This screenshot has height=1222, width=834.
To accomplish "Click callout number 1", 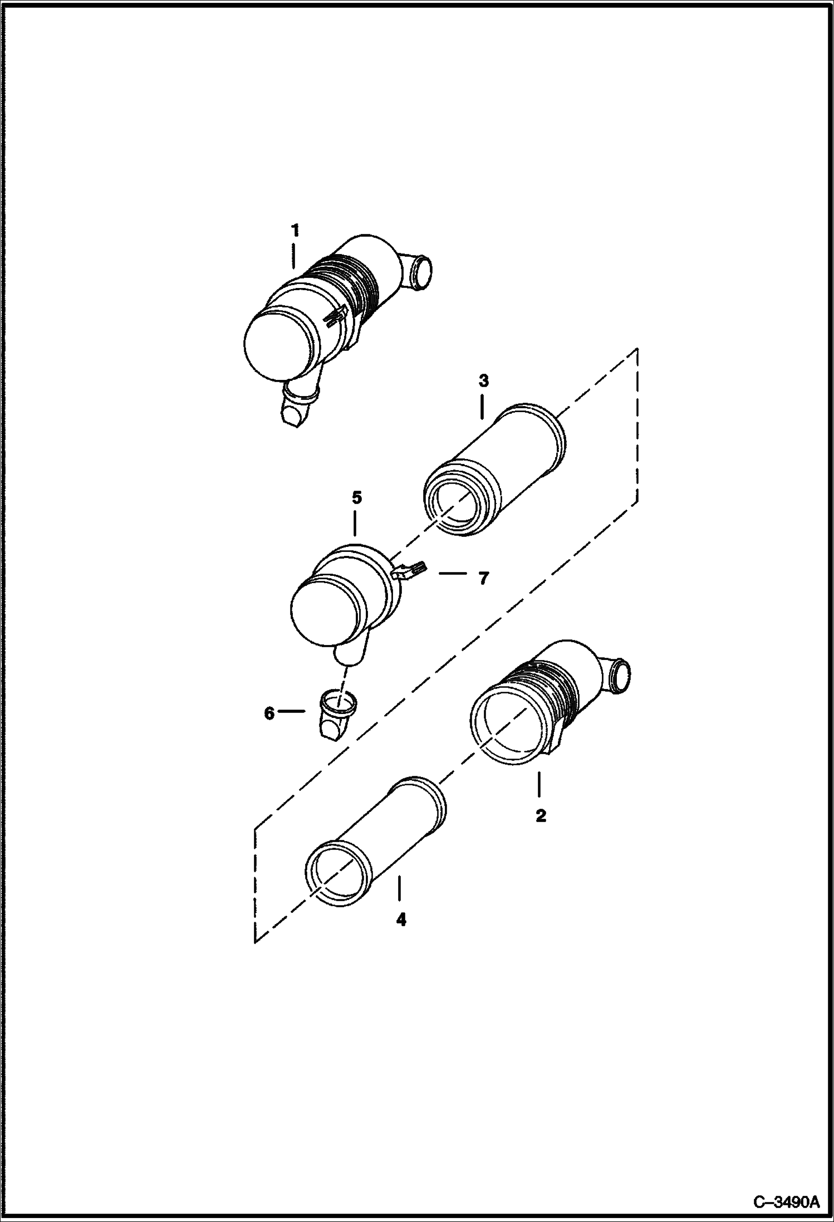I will click(x=295, y=229).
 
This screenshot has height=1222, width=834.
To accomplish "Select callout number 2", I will click(x=540, y=816).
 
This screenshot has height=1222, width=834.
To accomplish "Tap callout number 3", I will click(x=483, y=381).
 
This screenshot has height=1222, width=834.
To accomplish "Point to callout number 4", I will click(x=401, y=920).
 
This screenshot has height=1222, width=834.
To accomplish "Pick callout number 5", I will click(x=356, y=497).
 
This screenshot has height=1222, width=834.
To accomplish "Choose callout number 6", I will click(x=269, y=713).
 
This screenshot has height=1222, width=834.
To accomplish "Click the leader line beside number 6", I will click(x=292, y=711).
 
